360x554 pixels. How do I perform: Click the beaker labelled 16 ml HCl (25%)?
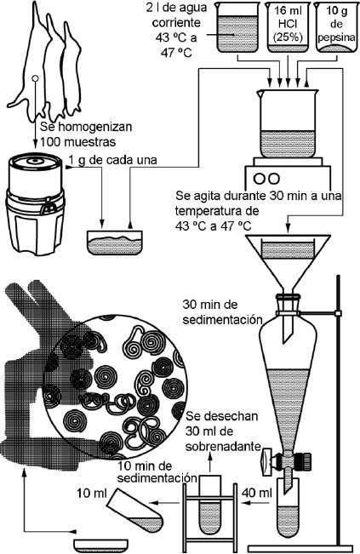288,27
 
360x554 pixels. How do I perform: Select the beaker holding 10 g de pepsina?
336,27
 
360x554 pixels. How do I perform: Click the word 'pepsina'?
336,37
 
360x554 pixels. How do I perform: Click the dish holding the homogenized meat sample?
115,243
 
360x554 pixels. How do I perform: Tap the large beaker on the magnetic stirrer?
287,123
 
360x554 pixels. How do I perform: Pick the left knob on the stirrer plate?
260,178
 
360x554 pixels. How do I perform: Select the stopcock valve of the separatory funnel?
287,460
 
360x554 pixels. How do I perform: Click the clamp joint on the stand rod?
338,313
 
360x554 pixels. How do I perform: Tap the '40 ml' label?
257,492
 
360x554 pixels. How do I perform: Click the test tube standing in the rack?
210,505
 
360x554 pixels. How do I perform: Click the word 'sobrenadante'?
223,446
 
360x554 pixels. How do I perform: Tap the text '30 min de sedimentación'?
223,312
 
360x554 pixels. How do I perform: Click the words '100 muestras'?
77,141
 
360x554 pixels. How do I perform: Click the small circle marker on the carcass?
35,78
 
